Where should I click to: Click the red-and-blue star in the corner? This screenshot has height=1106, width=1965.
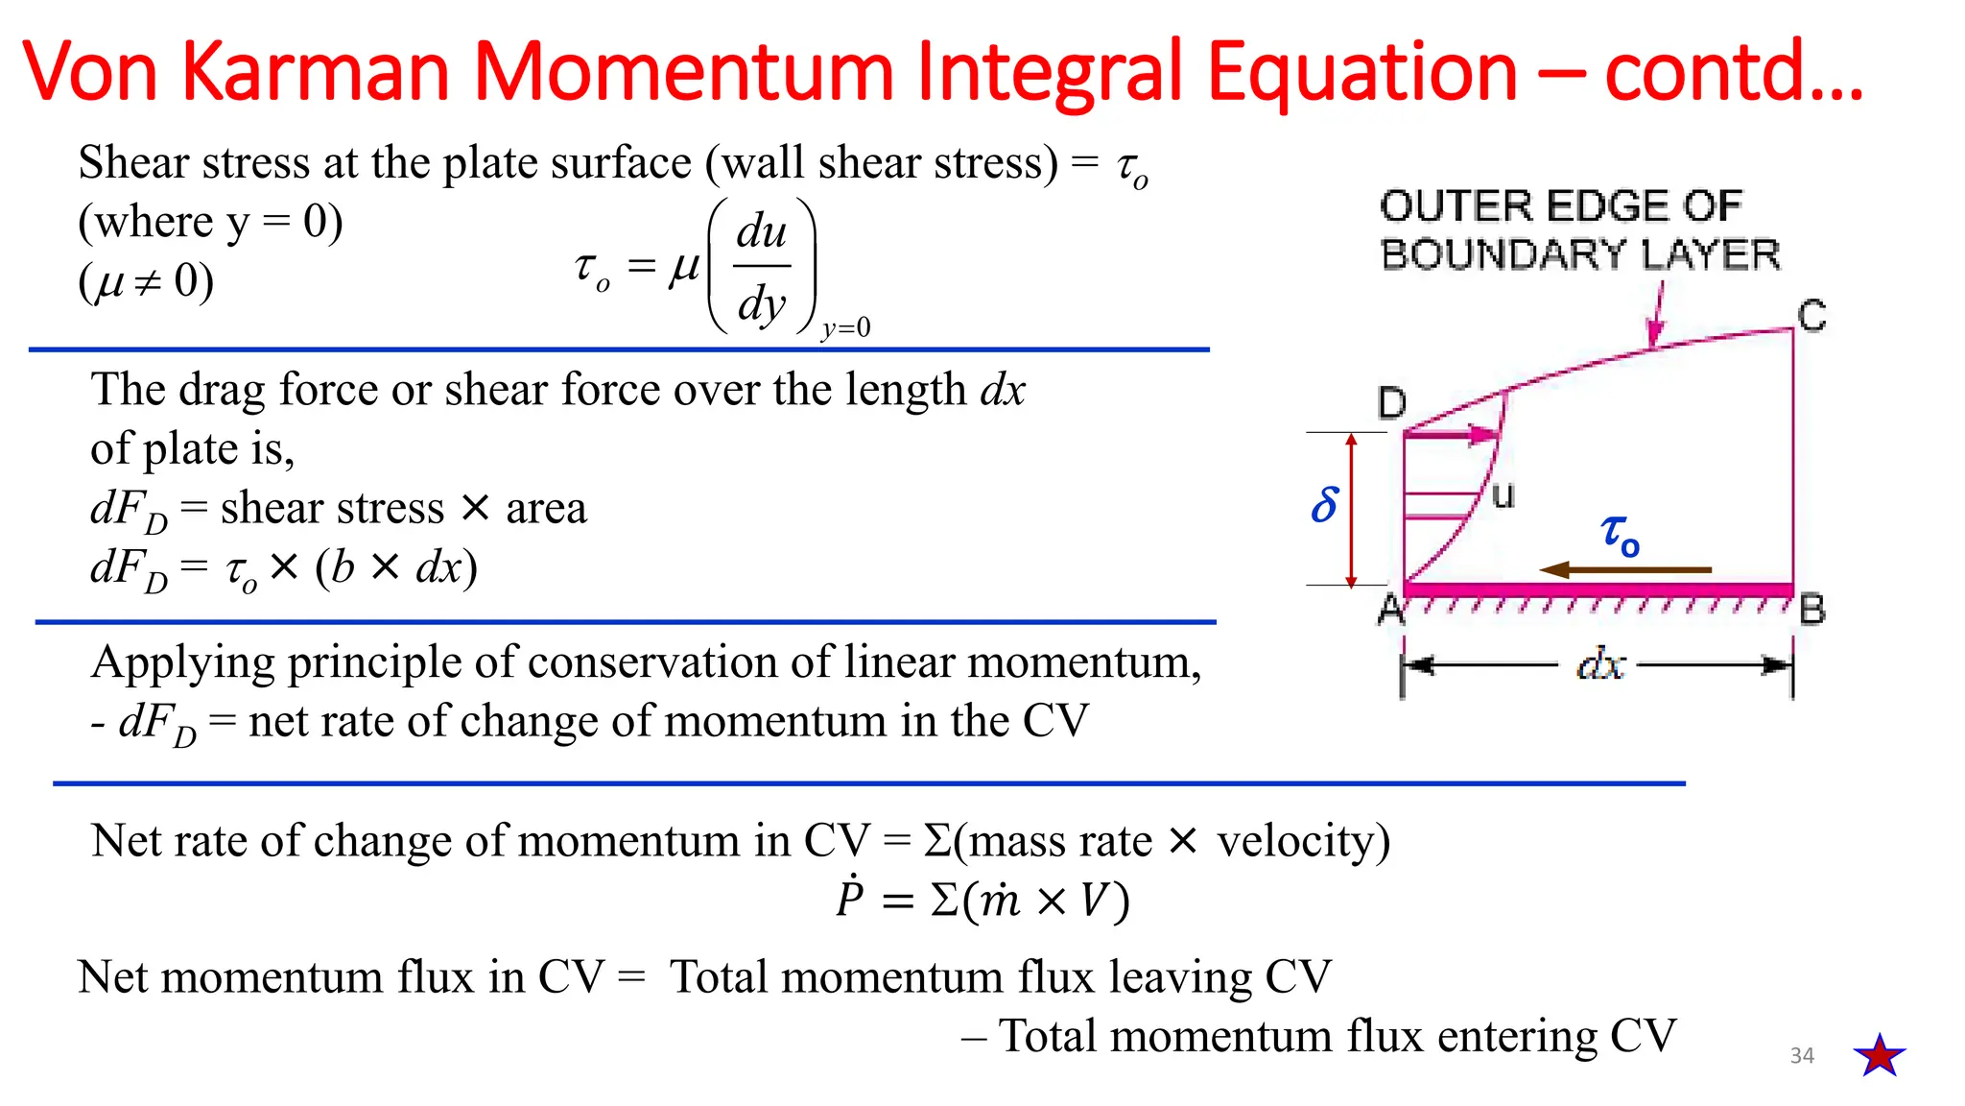(1879, 1055)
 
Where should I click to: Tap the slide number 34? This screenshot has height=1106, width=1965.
(1802, 1056)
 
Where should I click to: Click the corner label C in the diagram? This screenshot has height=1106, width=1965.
(1811, 316)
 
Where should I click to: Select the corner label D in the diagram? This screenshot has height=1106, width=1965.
(1392, 403)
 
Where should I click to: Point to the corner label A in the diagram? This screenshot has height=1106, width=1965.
(1390, 610)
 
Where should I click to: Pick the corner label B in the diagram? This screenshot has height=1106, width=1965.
(1812, 610)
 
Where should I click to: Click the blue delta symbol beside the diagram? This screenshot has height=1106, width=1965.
(1325, 505)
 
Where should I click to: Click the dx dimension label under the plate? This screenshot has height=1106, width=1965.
(1600, 664)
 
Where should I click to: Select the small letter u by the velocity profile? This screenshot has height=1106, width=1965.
(1503, 495)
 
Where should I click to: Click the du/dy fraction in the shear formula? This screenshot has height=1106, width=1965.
(762, 267)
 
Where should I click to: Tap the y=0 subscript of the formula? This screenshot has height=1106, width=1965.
(846, 328)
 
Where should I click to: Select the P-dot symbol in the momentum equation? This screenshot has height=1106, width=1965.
(850, 899)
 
